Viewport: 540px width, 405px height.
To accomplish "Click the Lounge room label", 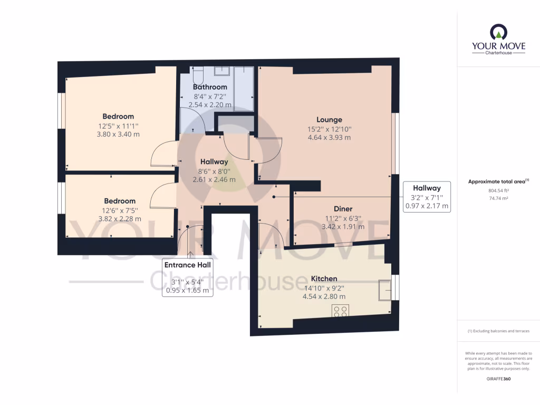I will tap(329, 120).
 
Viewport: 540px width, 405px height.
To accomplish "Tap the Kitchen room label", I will tap(324, 278).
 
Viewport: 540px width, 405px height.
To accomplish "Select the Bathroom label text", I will tap(210, 87).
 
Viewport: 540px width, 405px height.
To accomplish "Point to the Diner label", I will tap(343, 209).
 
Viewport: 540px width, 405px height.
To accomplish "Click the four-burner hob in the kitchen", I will tap(340, 311).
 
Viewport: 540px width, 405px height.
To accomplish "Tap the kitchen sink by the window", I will tap(385, 290).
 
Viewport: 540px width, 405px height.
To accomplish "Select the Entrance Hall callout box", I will tap(187, 277).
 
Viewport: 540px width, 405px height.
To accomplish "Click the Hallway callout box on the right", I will tap(427, 197).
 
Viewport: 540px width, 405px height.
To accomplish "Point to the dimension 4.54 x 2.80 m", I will tap(324, 296).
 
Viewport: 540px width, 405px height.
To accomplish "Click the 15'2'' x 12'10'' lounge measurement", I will tap(329, 129).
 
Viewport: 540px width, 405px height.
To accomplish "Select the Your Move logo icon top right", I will tap(498, 33).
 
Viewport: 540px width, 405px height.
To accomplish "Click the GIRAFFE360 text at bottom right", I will tap(498, 379).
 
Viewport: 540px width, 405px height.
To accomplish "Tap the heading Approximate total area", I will tap(497, 181).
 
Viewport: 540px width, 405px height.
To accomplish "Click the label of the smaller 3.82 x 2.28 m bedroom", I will tap(120, 201).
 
